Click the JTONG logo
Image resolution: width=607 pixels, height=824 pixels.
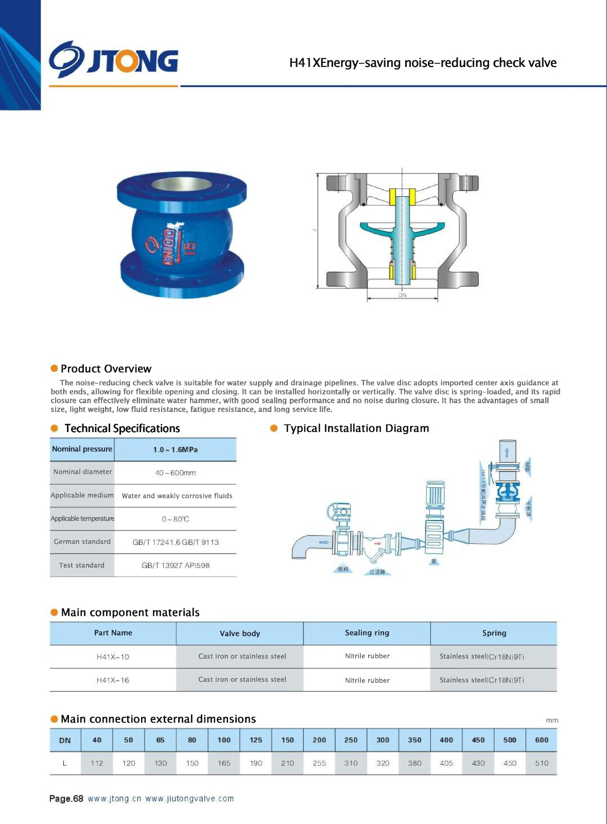114,61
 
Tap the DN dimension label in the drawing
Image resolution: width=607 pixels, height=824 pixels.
402,295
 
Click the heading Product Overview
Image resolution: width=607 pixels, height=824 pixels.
106,369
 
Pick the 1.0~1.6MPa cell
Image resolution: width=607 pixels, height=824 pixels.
175,450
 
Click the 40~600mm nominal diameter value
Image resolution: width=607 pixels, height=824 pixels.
175,473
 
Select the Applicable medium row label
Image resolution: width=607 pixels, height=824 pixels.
82,495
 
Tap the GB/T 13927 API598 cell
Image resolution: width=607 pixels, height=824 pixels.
175,565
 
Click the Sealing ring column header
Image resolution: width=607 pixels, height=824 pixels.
367,633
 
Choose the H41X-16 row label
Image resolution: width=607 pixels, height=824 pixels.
113,680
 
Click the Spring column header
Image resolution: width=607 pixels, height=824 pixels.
494,633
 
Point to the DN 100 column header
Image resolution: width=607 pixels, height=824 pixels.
224,740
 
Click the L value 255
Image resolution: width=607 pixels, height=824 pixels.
319,763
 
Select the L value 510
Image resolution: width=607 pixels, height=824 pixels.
542,763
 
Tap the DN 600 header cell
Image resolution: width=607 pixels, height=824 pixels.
542,740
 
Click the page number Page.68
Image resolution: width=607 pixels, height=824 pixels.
66,799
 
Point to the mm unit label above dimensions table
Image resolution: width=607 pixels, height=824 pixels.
551,720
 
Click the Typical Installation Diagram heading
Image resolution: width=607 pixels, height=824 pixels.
356,428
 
